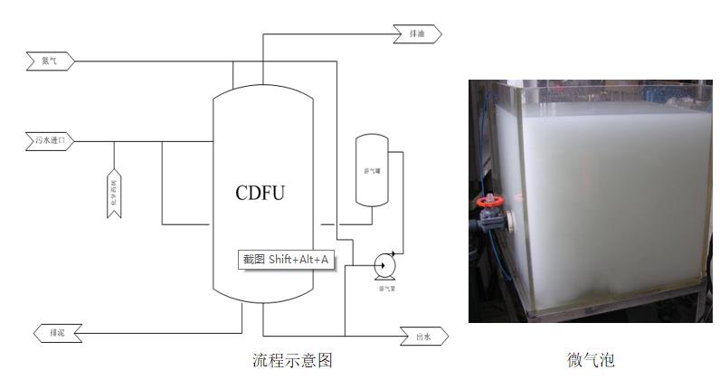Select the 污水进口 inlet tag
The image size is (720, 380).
point(49,141)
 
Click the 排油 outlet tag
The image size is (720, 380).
point(418,34)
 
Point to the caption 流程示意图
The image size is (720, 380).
point(292,361)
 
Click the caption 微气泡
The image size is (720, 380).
point(591,361)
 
